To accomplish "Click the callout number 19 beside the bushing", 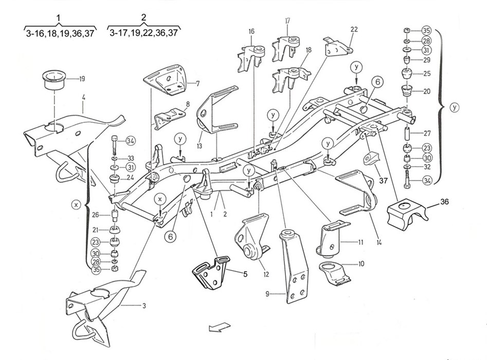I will [82, 79].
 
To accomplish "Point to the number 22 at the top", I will [354, 29].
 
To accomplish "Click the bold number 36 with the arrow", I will [445, 203].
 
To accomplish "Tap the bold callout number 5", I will [245, 274].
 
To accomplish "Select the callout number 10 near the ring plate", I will [362, 264].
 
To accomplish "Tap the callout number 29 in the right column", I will [427, 61].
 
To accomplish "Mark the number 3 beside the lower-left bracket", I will [144, 305].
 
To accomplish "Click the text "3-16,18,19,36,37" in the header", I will [59, 33].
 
